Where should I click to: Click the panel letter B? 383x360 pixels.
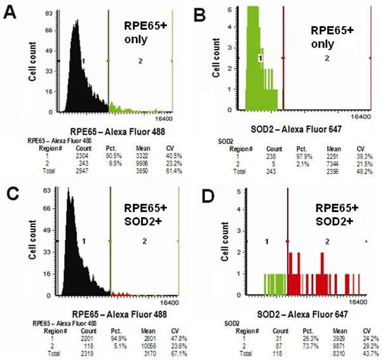click(203, 11)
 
